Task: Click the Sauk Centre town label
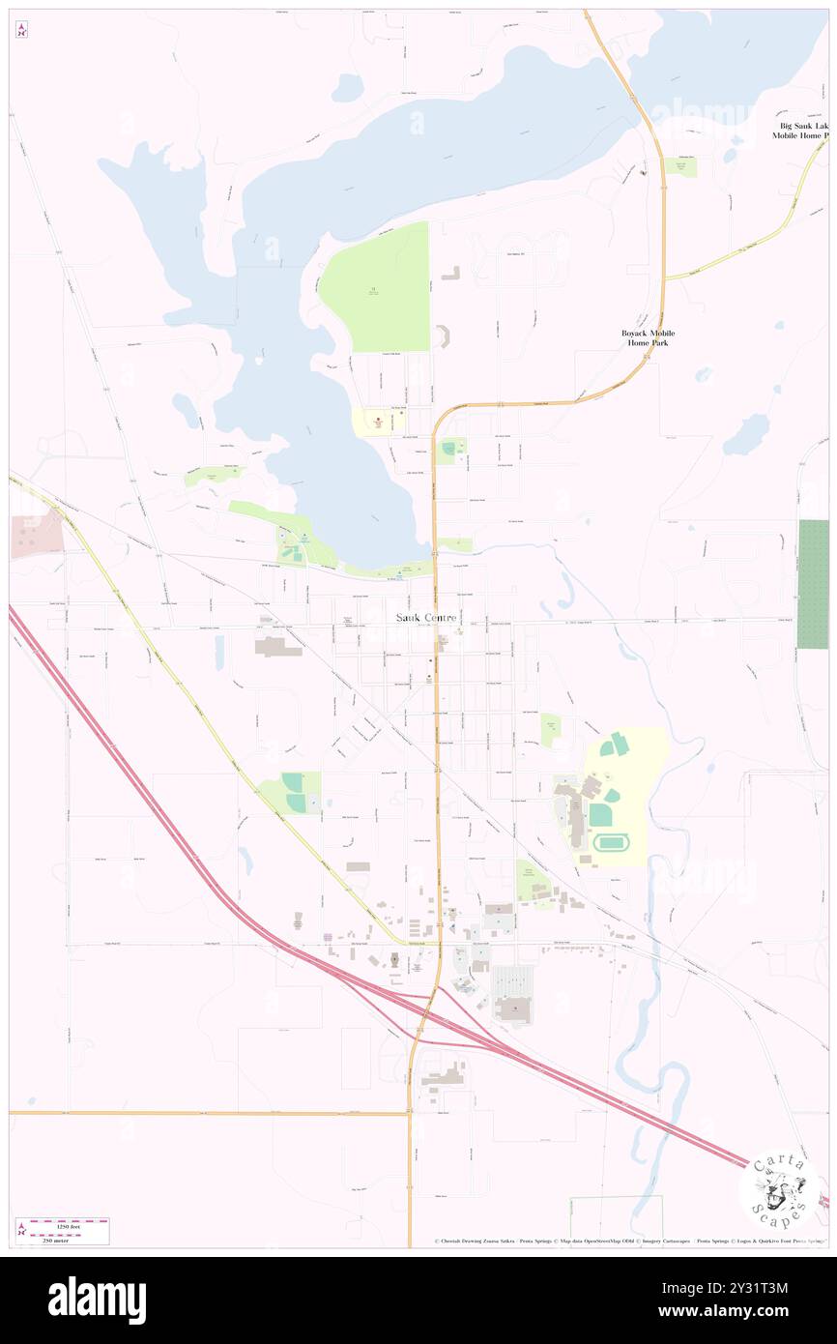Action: [426, 617]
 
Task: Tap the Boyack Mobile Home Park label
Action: [648, 337]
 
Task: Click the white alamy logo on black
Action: [97, 1300]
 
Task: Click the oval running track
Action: [606, 842]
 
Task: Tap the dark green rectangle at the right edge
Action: [813, 584]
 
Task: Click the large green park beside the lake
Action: [375, 287]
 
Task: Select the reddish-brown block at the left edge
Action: [37, 535]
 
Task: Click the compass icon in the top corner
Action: [21, 30]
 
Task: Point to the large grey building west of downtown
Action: [278, 647]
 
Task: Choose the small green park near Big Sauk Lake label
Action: [681, 166]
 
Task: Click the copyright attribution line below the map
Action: [628, 1242]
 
